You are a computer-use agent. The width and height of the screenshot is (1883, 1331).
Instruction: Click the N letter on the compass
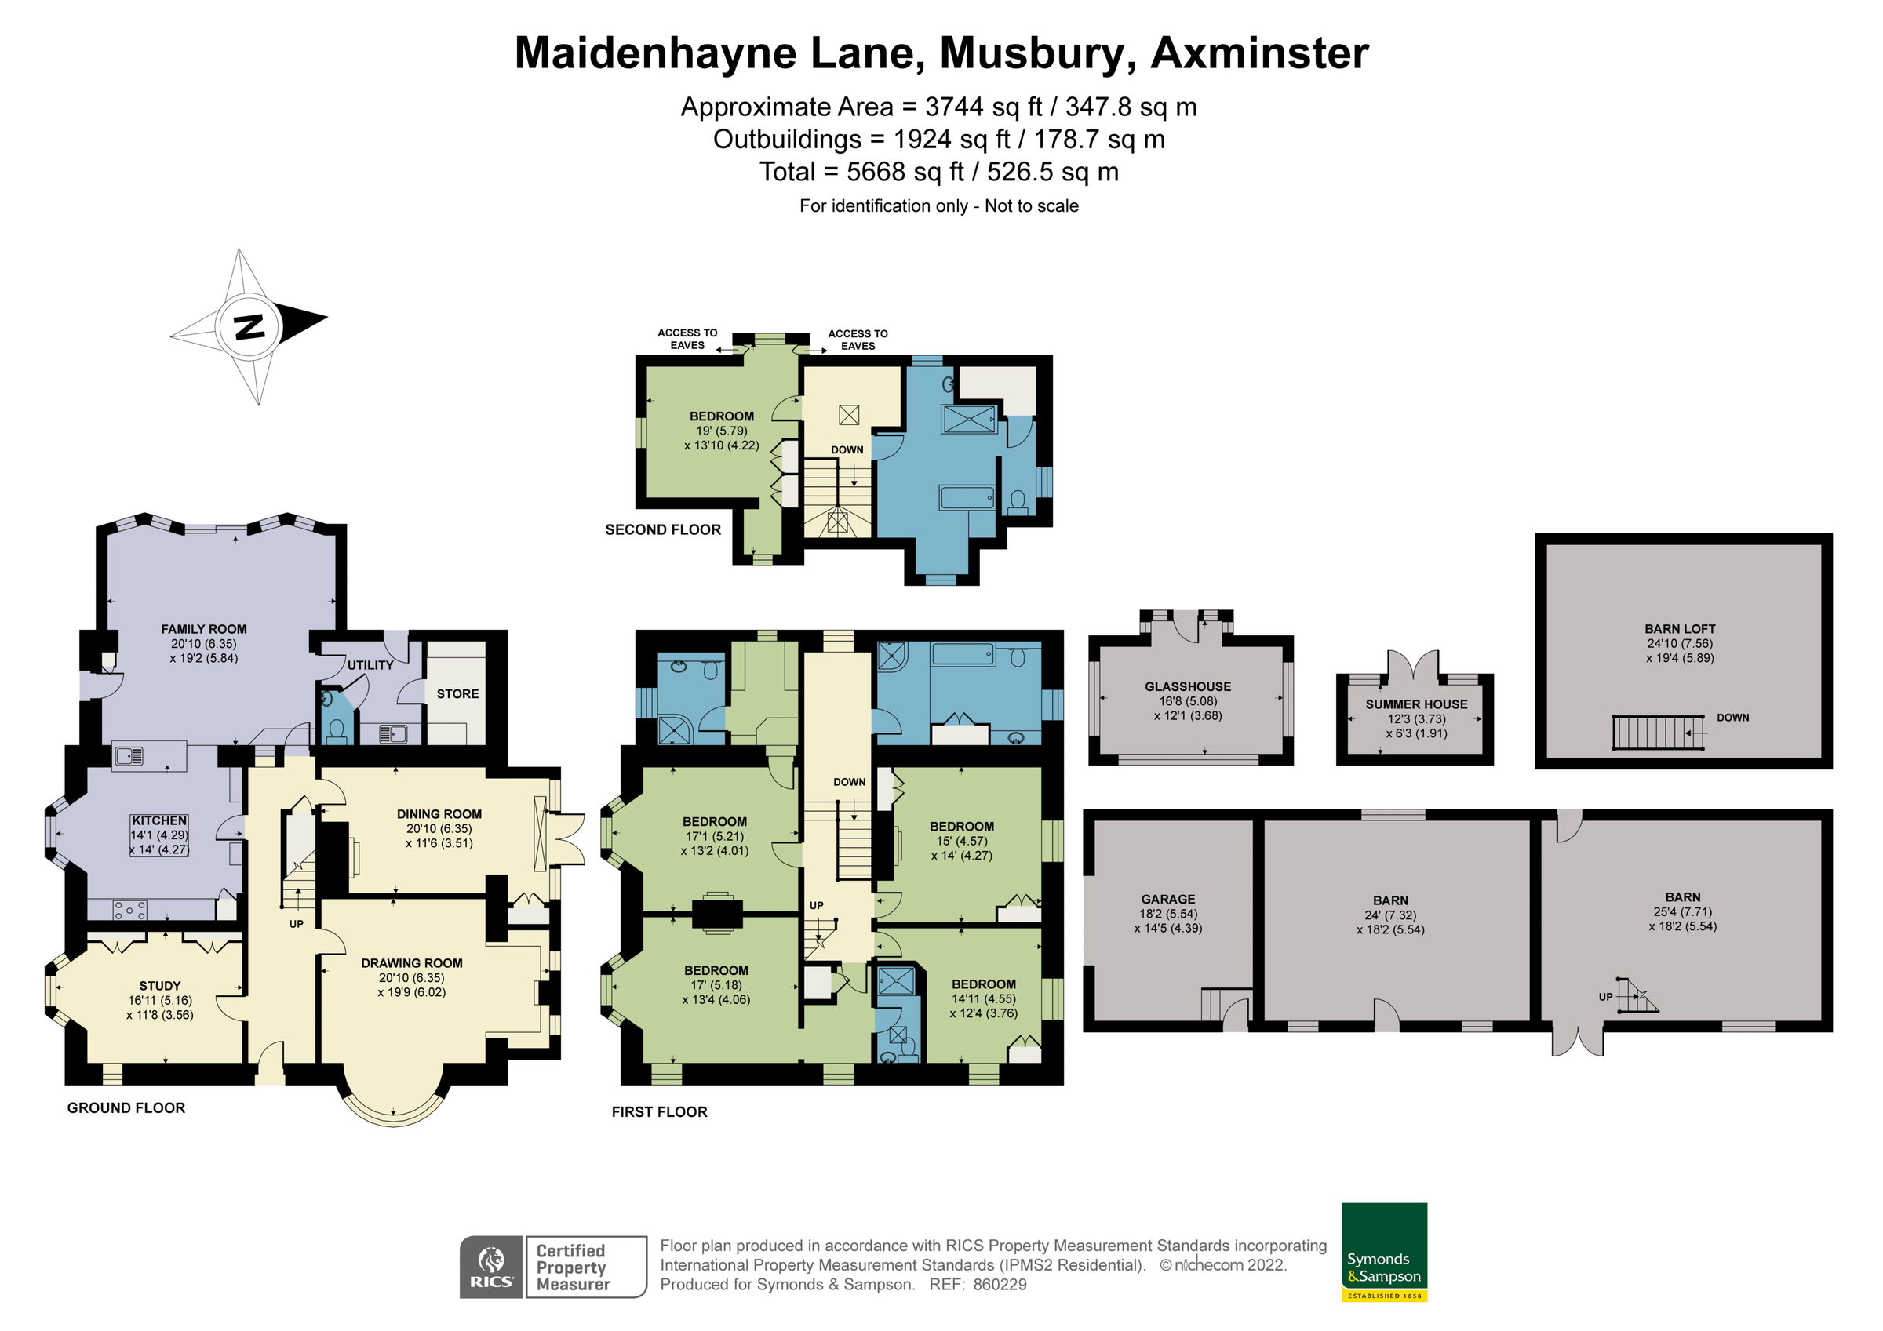[x=249, y=326]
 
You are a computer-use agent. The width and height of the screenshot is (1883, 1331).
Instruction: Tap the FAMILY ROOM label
[x=203, y=629]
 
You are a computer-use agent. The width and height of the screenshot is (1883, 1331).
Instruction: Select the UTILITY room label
[x=370, y=665]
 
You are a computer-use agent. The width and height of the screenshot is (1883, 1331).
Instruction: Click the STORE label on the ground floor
[x=457, y=694]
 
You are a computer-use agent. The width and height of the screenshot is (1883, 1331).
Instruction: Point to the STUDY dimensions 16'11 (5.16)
[x=160, y=1001]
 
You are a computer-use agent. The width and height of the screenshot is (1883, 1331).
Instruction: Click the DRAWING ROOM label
[x=412, y=963]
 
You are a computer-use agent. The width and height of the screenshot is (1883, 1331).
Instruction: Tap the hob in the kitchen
[x=130, y=911]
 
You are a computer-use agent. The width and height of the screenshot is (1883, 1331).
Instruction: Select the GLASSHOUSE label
[x=1188, y=686]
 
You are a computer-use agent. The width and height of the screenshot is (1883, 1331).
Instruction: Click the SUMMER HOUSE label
[x=1416, y=704]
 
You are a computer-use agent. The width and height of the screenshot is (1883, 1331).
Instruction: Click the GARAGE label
[x=1168, y=899]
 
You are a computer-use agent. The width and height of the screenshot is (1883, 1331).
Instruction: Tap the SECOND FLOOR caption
[x=663, y=529]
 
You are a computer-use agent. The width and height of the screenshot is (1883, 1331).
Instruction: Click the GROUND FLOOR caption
[x=126, y=1108]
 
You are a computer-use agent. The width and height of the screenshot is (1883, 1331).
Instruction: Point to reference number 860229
[x=999, y=1285]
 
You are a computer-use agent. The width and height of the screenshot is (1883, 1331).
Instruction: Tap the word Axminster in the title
[x=1259, y=53]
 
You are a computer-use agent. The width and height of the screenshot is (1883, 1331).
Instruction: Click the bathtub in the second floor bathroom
[x=967, y=497]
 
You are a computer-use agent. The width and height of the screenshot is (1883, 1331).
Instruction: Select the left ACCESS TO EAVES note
[x=687, y=339]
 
